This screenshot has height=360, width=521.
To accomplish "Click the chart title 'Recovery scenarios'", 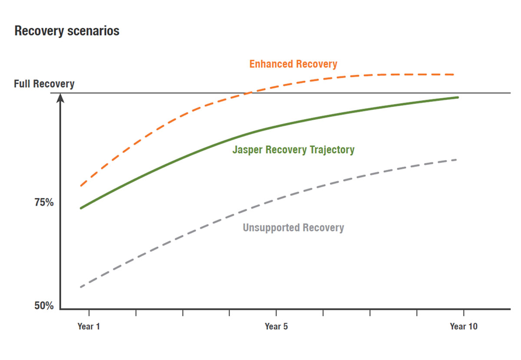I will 67,32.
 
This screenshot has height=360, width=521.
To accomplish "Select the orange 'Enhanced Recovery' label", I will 293,64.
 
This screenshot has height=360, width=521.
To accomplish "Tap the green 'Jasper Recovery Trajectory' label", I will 293,150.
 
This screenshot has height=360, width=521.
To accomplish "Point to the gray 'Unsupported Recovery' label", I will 293,228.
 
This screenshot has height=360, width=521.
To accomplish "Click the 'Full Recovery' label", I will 44,84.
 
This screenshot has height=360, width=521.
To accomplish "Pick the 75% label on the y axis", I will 44,202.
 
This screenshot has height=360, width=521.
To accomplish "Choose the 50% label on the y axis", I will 44,306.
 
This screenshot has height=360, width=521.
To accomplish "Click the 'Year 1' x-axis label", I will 89,326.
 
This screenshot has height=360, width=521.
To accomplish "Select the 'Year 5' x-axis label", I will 276,326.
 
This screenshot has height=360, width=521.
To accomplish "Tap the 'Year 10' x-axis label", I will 463,326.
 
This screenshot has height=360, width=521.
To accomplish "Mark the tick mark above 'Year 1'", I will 89,313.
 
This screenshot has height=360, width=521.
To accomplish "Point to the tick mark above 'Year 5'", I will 276,313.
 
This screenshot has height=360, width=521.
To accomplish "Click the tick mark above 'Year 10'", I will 464,313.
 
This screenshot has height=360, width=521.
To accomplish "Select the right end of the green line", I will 458,97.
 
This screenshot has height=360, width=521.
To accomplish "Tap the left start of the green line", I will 81,208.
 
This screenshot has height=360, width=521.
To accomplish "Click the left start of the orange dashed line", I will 81,186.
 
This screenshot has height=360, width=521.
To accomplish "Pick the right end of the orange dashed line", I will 454,75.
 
